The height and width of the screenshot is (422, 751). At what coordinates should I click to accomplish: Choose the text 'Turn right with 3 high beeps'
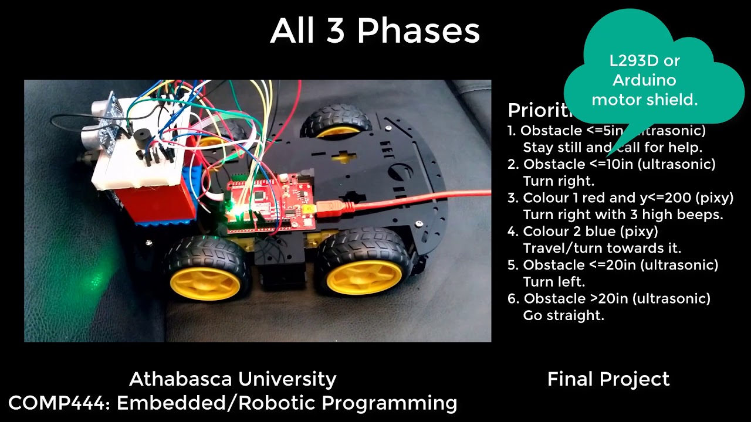pos(623,215)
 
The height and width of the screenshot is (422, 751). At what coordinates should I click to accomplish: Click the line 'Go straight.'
pos(563,315)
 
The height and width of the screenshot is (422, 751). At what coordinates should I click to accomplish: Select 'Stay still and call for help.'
pos(612,147)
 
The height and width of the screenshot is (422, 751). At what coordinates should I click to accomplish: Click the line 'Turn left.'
pos(554,282)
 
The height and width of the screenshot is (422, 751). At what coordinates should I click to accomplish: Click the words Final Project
pos(608,379)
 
